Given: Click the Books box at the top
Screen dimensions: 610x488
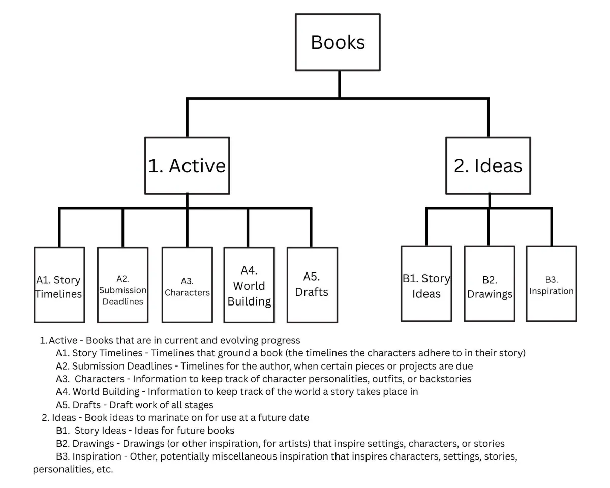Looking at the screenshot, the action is point(338,42).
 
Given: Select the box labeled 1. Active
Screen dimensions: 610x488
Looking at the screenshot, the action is point(187,166).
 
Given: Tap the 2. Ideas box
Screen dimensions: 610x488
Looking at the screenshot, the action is point(488,166).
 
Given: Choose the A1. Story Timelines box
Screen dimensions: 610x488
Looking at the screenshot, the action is point(59,285).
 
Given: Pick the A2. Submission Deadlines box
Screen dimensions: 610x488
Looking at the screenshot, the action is point(123,285).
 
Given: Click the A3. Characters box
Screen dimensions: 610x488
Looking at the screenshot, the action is point(188,285).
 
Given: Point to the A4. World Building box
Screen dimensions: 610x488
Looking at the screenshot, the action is point(249,285).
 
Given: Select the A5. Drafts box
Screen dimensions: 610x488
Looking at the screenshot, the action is point(312,285).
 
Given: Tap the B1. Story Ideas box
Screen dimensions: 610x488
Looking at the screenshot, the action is point(426,284).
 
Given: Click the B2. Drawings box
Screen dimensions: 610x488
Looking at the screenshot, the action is point(490,284).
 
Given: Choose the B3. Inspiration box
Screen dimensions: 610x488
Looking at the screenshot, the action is point(552,284).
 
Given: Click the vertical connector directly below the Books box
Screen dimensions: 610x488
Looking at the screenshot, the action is point(339,84).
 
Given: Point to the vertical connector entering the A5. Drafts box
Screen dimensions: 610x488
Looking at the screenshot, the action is point(311,227).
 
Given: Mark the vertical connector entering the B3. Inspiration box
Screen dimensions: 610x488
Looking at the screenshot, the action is point(552,227).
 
